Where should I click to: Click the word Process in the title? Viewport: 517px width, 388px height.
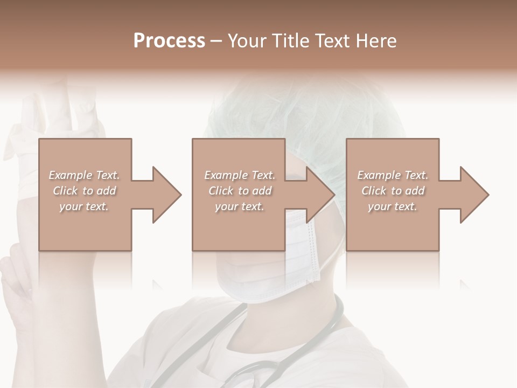[169, 41]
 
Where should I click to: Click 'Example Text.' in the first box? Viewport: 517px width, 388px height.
[84, 175]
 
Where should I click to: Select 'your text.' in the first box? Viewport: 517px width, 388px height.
[84, 206]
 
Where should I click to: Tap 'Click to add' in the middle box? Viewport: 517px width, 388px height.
[240, 191]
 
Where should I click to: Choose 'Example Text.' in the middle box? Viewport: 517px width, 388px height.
[240, 175]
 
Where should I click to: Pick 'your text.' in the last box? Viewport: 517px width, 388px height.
[393, 206]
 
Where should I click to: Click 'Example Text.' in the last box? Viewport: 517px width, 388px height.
[393, 175]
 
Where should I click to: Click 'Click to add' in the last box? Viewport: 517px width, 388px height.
[393, 191]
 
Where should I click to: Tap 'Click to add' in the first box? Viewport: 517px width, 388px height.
[84, 191]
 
